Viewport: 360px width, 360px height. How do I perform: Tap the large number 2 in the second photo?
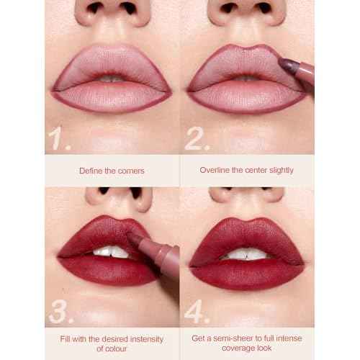(197, 138)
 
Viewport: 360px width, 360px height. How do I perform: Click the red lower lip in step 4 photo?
(245, 272)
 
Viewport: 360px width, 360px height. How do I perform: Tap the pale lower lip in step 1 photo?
(108, 94)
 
